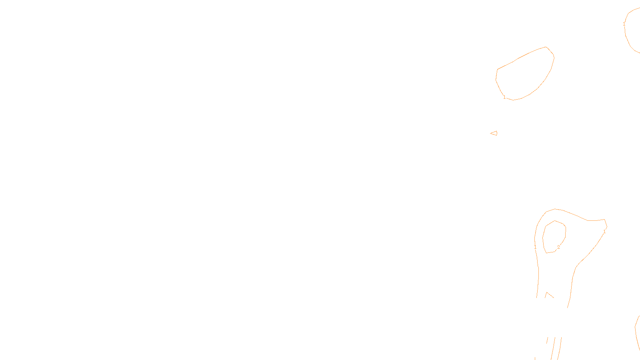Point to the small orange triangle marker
pos(494,133)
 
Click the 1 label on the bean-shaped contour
pos(504,97)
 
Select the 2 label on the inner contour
pos(558,247)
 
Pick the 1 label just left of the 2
pos(535,248)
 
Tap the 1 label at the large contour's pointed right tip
pos(604,232)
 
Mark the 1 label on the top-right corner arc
pos(624,24)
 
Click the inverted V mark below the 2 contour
pos(549,295)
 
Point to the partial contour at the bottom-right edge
pos(637,332)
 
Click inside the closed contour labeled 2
pos(554,236)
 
